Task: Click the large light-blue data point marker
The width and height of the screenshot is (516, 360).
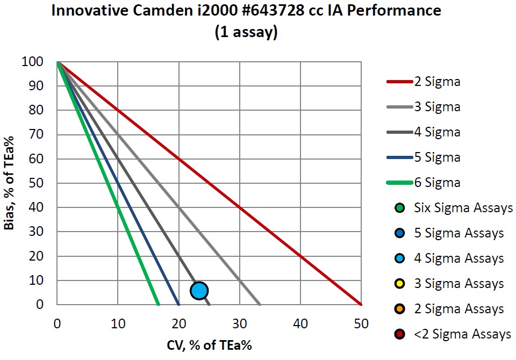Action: pos(199,291)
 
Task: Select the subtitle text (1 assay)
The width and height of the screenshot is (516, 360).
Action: pos(246,32)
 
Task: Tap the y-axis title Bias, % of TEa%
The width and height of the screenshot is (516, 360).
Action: pos(9,183)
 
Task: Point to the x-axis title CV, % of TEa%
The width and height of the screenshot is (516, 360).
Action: pos(209,343)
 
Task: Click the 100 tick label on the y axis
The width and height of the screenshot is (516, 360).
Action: pos(32,62)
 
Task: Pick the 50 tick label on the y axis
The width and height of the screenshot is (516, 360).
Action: pos(35,183)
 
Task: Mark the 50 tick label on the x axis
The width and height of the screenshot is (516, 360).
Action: pos(361,324)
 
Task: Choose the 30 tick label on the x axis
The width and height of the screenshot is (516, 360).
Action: pos(240,324)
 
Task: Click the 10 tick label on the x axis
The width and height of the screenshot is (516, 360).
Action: pos(118,324)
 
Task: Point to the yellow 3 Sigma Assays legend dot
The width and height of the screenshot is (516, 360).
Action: pos(399,283)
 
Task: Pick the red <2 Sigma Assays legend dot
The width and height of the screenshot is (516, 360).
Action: pos(399,334)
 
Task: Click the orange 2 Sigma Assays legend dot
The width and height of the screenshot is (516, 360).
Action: pos(399,308)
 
